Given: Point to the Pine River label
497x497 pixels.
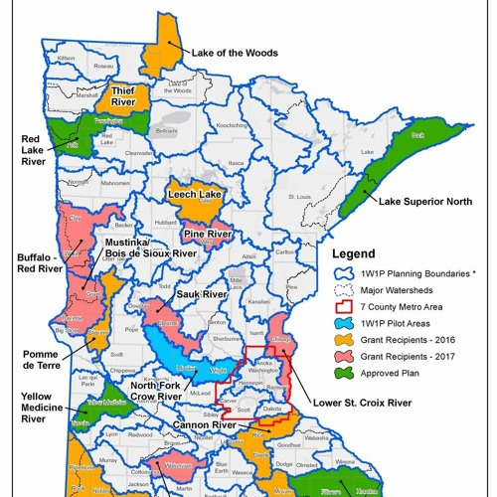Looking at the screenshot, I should click(x=208, y=235).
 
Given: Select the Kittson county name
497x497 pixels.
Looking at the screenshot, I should click(x=68, y=59).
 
